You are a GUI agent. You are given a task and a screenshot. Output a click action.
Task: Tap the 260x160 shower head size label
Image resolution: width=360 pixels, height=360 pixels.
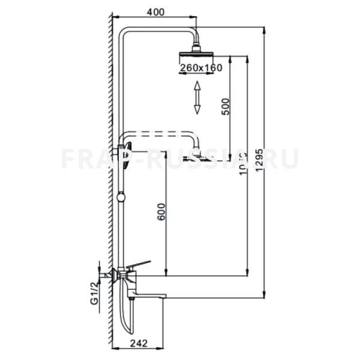tap(200, 68)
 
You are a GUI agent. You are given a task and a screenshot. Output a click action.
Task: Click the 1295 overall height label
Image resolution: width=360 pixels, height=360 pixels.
tap(259, 162)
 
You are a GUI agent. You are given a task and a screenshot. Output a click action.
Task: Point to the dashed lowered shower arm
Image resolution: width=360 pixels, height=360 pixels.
tap(162, 133)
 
